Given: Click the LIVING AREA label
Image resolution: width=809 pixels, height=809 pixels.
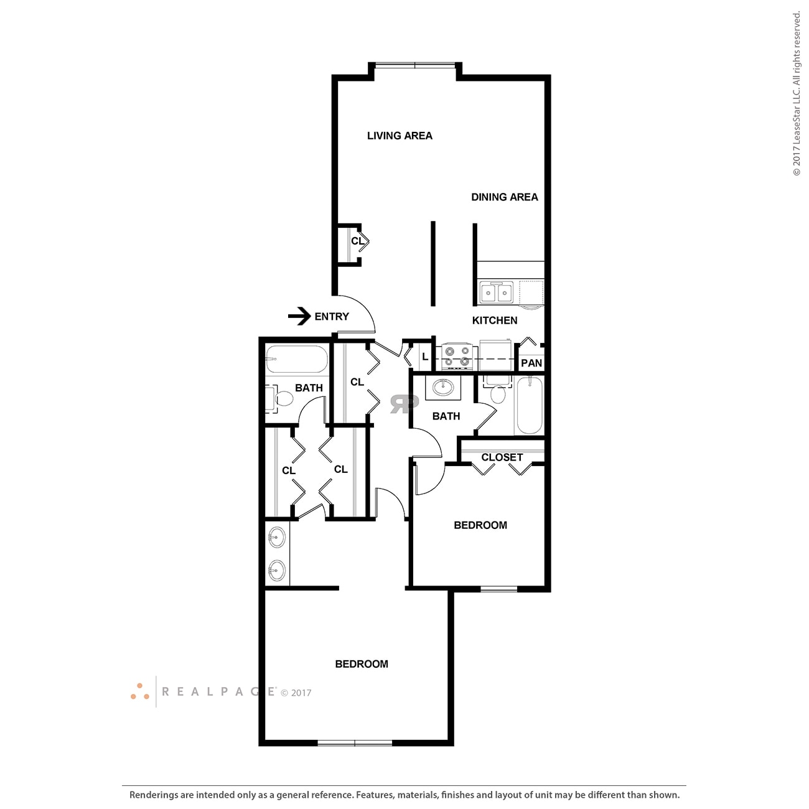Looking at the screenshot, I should pos(399,136).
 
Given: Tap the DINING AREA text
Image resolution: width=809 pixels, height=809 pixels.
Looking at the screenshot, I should pos(504,197).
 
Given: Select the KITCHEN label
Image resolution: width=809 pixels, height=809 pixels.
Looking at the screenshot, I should pos(494,320).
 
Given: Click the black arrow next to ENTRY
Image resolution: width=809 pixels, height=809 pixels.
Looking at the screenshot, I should pos(299,316).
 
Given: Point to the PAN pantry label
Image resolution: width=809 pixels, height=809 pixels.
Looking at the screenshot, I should pos(531,363).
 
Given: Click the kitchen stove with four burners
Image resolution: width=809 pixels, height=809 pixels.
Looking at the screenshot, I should pos(456,357).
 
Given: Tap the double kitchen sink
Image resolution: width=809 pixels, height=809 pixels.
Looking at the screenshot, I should pos(496,292).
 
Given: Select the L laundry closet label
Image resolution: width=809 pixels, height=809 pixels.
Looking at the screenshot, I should pos(425,357).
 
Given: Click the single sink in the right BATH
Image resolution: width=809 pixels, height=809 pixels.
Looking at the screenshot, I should pos(443,388).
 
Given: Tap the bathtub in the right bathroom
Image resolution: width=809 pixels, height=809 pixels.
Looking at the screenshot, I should pos(530,404).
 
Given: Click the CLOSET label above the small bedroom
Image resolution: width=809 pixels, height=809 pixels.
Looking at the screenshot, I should pos(502,457).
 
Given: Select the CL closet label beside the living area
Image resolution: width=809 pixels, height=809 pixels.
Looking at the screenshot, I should pos(357,241).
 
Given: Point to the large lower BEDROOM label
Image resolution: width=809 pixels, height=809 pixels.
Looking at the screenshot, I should pos(362,664).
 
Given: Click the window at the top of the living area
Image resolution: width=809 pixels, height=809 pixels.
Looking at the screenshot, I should pos(415,63).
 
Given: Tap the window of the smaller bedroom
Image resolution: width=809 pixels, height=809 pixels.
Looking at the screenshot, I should pos(498,589).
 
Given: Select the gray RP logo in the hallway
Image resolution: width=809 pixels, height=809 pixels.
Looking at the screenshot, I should pos(403,404).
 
